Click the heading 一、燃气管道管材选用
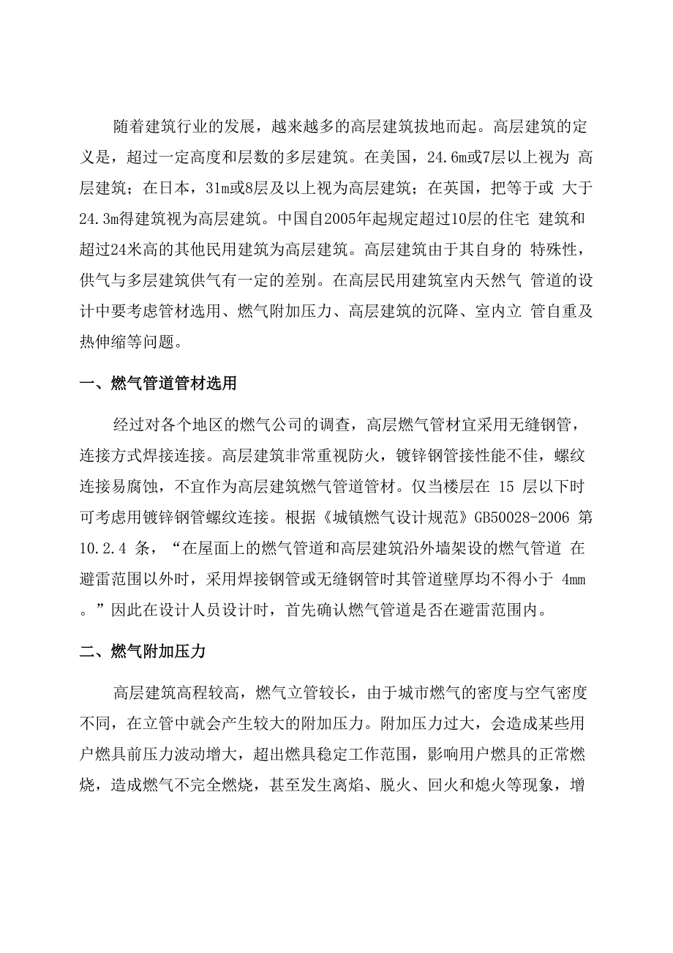point(158,384)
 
